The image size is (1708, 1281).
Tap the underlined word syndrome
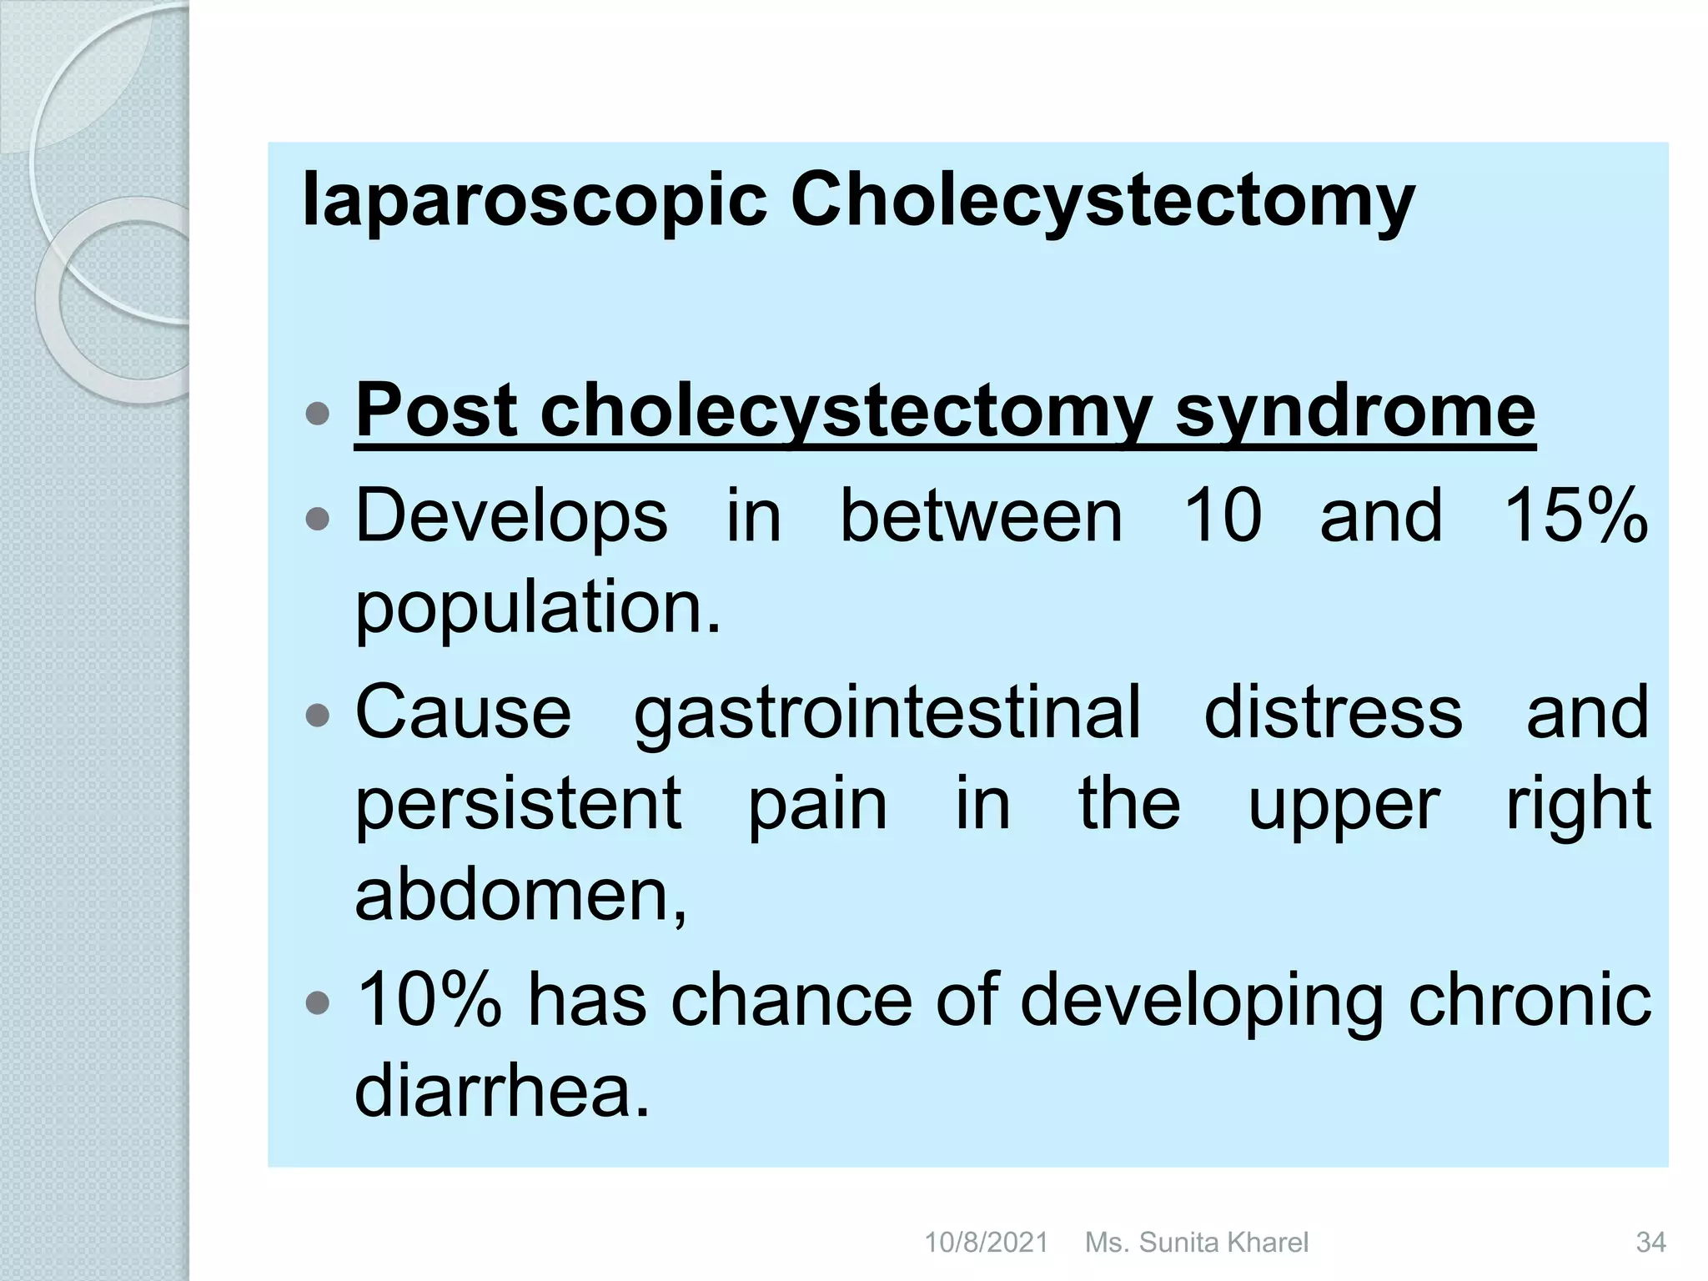(x=1354, y=410)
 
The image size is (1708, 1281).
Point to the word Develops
(x=511, y=516)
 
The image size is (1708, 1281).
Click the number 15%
(x=1575, y=516)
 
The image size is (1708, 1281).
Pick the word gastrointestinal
(x=887, y=712)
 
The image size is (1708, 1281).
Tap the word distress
(x=1333, y=712)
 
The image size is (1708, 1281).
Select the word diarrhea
(x=501, y=1090)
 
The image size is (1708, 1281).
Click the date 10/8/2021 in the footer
(x=986, y=1243)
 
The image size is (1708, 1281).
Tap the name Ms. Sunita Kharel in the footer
(x=1196, y=1243)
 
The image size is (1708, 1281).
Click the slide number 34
(x=1650, y=1243)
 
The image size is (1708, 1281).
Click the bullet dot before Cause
(x=318, y=716)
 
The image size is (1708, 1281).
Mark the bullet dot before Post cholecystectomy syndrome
(x=318, y=414)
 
